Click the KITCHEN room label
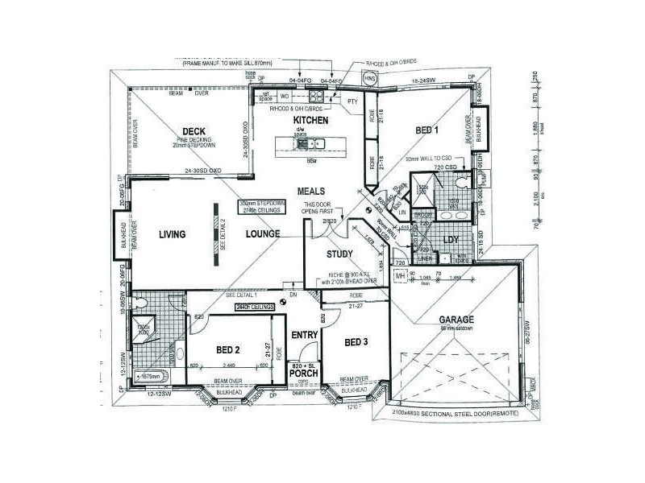pyautogui.click(x=310, y=120)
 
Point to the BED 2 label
pyautogui.click(x=228, y=349)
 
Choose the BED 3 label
pyautogui.click(x=356, y=342)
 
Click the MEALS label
pyautogui.click(x=310, y=192)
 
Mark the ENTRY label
pyautogui.click(x=304, y=335)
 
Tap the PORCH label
pyautogui.click(x=304, y=373)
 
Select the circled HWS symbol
pyautogui.click(x=370, y=80)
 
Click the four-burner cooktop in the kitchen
pyautogui.click(x=314, y=97)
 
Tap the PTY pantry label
pyautogui.click(x=352, y=102)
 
